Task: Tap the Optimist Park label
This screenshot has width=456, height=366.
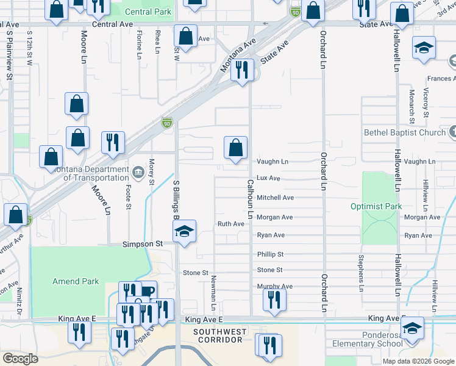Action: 376,206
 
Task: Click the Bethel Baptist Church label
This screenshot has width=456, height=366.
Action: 405,132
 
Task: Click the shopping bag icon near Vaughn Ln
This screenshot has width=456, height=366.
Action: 235,148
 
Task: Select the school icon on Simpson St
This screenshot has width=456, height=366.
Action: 184,231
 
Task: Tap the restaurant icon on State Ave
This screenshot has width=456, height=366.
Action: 244,70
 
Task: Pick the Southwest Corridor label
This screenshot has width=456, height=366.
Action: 219,336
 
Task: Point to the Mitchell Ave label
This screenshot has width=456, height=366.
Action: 275,198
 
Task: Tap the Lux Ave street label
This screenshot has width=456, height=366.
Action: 268,178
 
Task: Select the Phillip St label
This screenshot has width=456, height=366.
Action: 270,254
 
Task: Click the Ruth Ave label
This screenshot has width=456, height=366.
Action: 231,224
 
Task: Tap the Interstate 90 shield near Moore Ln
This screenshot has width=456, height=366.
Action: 166,123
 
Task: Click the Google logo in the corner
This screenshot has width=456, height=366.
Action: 20,359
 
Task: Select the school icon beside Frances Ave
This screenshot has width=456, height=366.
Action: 424,48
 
